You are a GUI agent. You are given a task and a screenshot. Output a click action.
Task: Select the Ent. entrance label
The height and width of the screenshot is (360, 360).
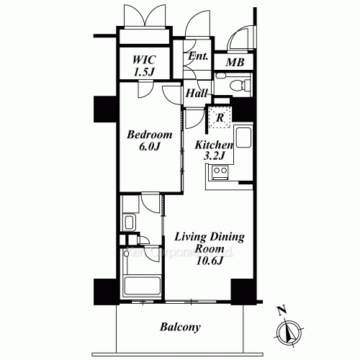pyautogui.click(x=198, y=58)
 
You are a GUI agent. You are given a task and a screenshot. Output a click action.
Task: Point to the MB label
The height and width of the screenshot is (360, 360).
pyautogui.click(x=235, y=63)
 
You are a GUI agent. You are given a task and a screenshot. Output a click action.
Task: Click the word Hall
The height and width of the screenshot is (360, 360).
pyautogui.click(x=197, y=94)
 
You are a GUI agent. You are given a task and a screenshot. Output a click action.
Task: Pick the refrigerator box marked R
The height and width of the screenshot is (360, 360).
pyautogui.click(x=219, y=115)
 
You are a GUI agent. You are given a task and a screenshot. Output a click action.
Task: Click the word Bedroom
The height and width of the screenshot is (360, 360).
pyautogui.click(x=149, y=135)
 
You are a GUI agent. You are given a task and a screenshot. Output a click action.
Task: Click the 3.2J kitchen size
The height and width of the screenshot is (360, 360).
pyautogui.click(x=214, y=156)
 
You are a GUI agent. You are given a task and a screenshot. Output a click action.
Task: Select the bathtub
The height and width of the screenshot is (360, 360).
pyautogui.click(x=140, y=277)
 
